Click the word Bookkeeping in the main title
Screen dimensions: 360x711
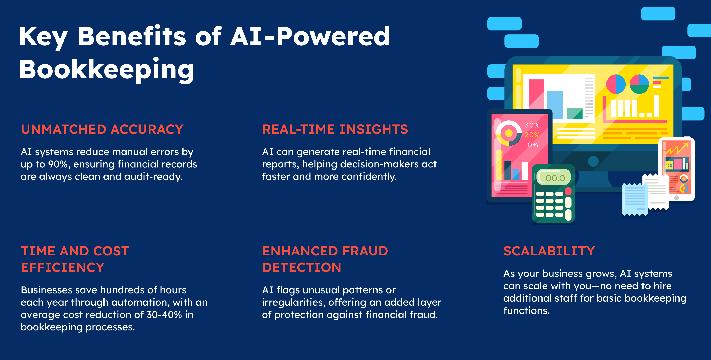coord(107,69)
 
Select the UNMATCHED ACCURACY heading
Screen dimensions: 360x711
coord(102,129)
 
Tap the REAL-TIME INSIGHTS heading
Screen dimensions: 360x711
coord(335,129)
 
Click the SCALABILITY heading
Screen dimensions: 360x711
coord(549,251)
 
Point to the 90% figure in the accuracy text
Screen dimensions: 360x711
coord(58,164)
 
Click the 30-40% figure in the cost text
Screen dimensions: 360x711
coord(164,315)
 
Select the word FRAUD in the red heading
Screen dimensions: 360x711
coord(365,251)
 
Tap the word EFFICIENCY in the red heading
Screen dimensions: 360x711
coord(63,267)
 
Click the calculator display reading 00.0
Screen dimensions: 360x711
coord(555,178)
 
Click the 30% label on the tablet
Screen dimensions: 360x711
coord(532,125)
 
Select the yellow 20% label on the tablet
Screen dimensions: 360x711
coord(532,135)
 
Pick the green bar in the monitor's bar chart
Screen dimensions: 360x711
coord(574,113)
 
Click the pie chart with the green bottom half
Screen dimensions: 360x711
coord(639,84)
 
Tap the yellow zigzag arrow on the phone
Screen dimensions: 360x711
coord(676,149)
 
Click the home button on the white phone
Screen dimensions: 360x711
coord(676,198)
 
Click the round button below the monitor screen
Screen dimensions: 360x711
coord(593,161)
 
